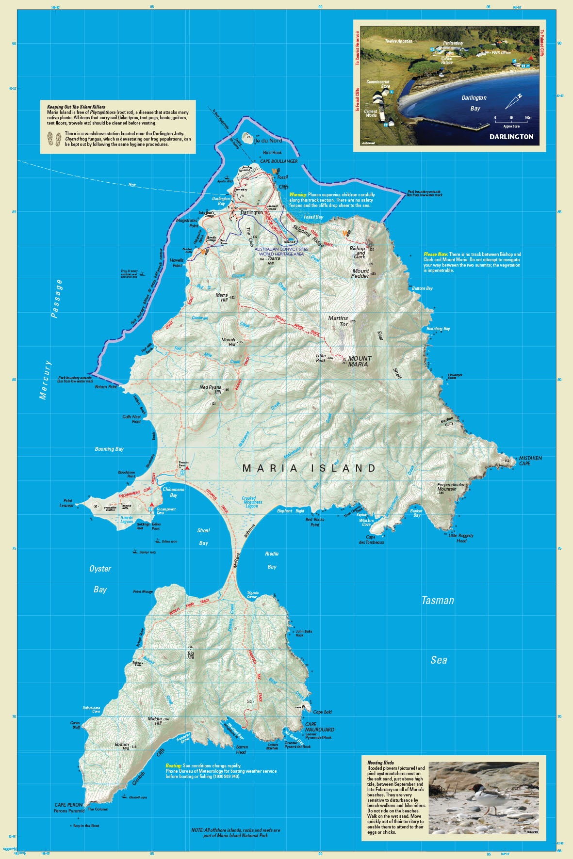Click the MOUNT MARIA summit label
tap(360, 361)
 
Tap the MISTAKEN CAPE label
tap(530, 461)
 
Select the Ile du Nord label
tap(268, 141)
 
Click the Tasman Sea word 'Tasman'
tap(438, 601)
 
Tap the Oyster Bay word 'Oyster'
tap(100, 569)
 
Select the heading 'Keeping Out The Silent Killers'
tap(76, 107)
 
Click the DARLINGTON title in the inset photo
tap(511, 137)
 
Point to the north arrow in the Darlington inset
tap(513, 101)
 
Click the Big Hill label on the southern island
tap(191, 655)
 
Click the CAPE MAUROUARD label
tap(319, 727)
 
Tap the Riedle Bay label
tap(272, 560)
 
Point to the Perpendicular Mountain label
tap(451, 486)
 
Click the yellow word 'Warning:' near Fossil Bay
tap(298, 195)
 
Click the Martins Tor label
tap(338, 321)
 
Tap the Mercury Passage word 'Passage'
tap(57, 299)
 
